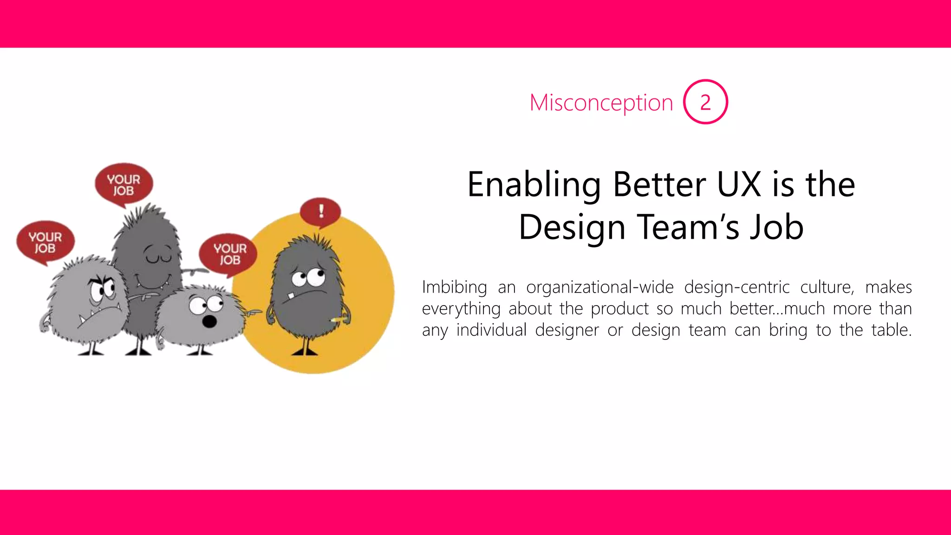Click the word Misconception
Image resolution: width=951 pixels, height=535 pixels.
click(601, 103)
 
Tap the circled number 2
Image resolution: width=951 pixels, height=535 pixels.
click(705, 102)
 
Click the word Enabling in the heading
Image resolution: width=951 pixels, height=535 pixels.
click(534, 185)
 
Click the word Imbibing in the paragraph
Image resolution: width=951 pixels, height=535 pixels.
click(454, 287)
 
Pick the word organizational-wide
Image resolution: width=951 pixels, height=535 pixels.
click(599, 287)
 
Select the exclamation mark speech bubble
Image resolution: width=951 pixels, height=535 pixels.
click(320, 212)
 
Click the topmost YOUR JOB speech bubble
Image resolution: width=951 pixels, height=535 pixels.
click(124, 184)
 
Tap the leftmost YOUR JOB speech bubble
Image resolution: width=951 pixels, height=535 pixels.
click(45, 242)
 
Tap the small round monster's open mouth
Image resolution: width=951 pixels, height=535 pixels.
click(210, 321)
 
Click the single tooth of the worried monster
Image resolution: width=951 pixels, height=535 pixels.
click(291, 295)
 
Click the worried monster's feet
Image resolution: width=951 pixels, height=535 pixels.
click(305, 352)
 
